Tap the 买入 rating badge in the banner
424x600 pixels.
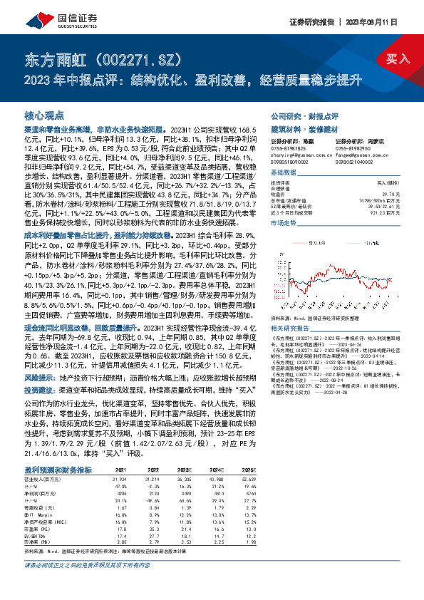(398, 58)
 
